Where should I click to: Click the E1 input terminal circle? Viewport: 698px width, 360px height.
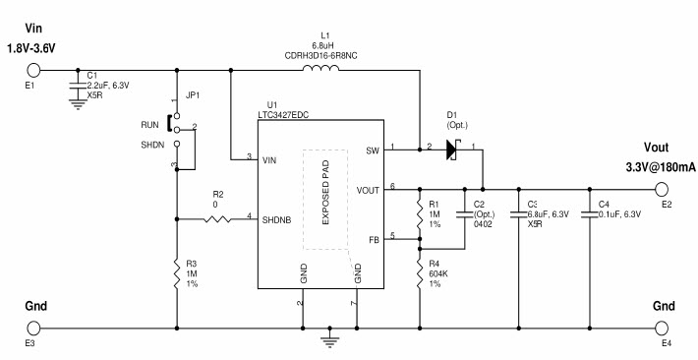pos(33,70)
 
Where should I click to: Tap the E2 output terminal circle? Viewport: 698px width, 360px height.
pos(666,188)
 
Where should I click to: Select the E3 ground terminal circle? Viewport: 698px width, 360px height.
pos(33,328)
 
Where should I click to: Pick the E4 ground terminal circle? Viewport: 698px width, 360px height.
pos(666,328)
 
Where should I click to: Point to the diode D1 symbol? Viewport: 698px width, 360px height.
pos(453,149)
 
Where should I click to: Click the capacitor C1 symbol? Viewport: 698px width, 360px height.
pos(79,88)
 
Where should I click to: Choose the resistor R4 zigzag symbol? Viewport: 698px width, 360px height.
pos(420,271)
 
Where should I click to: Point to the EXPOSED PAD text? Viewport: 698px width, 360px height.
pos(325,200)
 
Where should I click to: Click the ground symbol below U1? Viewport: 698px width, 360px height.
pos(331,340)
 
